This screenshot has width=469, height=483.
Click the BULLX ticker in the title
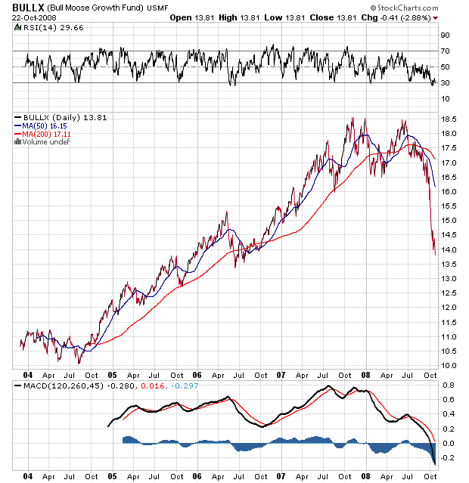point(23,7)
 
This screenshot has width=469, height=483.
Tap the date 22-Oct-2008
point(28,17)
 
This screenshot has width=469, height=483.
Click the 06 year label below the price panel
point(197,374)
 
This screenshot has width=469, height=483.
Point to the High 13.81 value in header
point(231,17)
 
